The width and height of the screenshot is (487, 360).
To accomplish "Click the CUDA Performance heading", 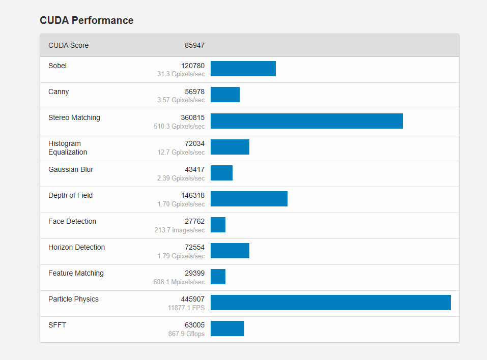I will [87, 20].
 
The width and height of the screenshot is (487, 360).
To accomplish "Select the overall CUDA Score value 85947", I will [194, 45].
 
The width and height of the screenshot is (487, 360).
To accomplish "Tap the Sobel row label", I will [58, 66].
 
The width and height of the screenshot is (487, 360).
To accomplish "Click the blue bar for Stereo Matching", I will [306, 121].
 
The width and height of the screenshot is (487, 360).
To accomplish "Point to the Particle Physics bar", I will [330, 303].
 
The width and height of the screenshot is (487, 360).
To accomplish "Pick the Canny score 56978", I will [194, 92].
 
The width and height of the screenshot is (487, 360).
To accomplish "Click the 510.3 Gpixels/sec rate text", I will [179, 126].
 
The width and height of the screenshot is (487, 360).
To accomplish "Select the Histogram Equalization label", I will [68, 148].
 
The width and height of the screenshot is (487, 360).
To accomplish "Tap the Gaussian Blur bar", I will [221, 173].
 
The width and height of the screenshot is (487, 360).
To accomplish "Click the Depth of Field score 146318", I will [193, 195].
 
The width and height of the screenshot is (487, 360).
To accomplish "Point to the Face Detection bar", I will [218, 225].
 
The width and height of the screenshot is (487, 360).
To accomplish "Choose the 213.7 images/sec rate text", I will [180, 230].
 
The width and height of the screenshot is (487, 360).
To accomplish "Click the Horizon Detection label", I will [76, 247].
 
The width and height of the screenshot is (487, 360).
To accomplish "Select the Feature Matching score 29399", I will [194, 273].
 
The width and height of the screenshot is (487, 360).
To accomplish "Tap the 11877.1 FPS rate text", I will [186, 308].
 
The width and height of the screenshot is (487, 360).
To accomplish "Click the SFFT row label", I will [57, 325].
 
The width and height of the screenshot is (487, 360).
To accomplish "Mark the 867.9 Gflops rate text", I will [186, 334].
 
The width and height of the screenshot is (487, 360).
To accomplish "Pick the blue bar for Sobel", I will [243, 69].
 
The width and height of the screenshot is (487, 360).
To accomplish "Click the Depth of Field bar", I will [249, 199].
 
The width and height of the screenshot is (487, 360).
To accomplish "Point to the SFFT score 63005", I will [194, 325].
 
